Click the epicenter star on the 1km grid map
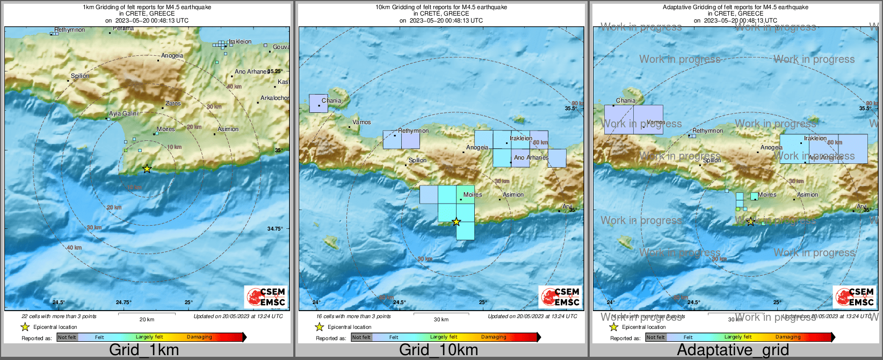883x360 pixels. [147, 169]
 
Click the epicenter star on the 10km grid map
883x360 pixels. [456, 221]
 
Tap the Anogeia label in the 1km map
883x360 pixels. [172, 55]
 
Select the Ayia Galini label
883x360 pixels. [124, 113]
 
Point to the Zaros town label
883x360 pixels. [173, 103]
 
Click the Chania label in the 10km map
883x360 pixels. [331, 100]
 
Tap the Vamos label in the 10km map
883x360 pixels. [361, 122]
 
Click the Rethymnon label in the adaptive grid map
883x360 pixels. [707, 131]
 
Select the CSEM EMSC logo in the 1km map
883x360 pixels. [266, 297]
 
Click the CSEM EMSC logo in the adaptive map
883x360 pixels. [855, 297]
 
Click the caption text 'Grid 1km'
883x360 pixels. [144, 350]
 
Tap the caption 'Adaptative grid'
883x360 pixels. [733, 350]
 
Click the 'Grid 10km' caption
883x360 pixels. [438, 350]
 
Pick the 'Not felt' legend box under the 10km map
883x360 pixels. [361, 337]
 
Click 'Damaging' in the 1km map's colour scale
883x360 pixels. [199, 337]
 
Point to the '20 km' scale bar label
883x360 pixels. [147, 319]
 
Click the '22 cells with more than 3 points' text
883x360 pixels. [59, 316]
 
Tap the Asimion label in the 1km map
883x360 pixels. [228, 129]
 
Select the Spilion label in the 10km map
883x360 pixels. [417, 160]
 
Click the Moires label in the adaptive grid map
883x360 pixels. [767, 195]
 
